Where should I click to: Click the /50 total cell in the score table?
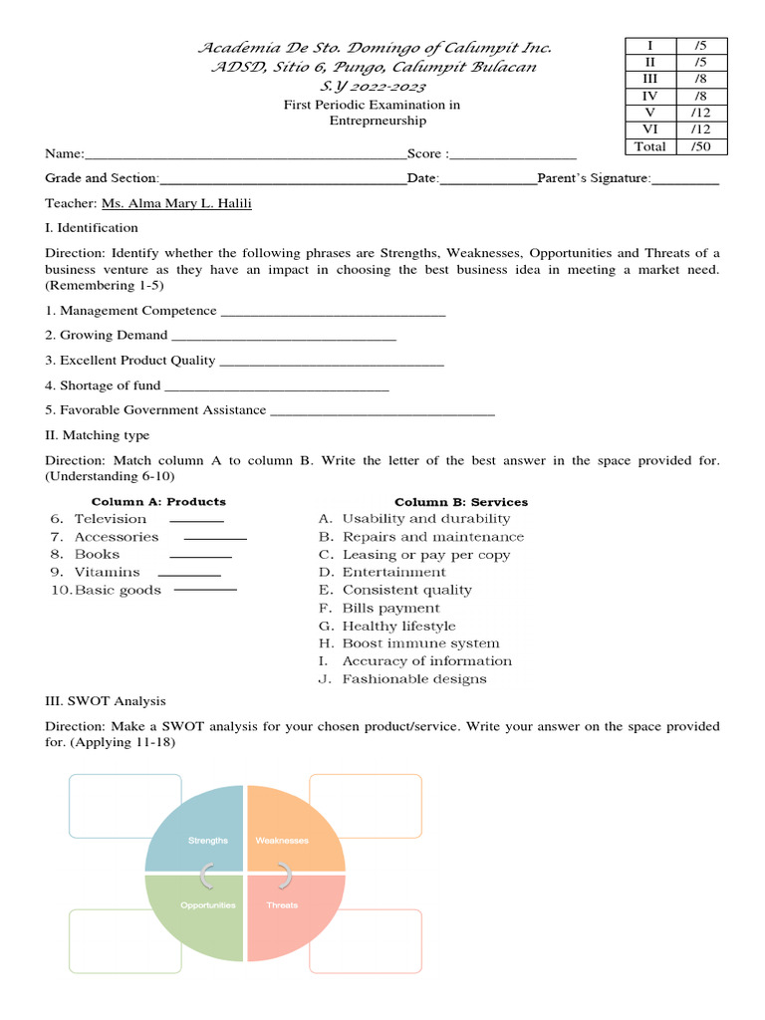(701, 146)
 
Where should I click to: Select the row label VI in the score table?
(649, 129)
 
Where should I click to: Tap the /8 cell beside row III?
(701, 79)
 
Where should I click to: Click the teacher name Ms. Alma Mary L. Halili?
(176, 203)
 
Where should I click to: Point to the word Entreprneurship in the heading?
(378, 121)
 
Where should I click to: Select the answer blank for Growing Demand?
(284, 337)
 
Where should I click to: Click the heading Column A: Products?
(158, 502)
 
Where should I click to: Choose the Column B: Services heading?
(461, 502)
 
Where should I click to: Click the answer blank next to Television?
(196, 520)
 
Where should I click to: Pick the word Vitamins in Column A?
(108, 573)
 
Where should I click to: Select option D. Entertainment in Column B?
(382, 573)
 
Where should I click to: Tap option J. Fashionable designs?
(402, 679)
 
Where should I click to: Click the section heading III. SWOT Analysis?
(106, 702)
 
